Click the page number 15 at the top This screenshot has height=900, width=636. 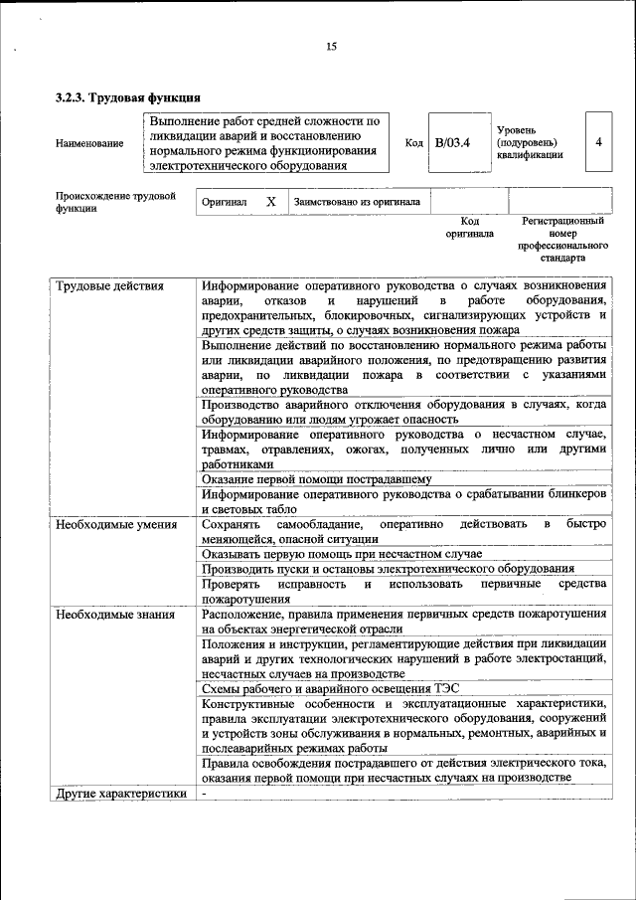tap(331, 46)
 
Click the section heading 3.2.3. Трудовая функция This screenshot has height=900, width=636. tap(127, 97)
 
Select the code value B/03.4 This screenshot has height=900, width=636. tap(451, 142)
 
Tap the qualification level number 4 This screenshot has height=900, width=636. tap(598, 141)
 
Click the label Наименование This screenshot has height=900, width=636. tap(89, 143)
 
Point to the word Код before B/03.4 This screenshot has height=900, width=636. tap(414, 142)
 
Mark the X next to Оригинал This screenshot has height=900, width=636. tap(270, 201)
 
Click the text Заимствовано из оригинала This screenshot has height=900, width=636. tap(357, 202)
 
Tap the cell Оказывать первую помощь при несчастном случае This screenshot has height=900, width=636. tap(341, 553)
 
